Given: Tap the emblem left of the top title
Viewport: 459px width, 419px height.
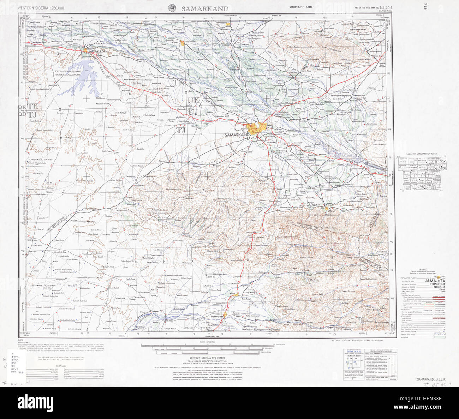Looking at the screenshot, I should [173, 8].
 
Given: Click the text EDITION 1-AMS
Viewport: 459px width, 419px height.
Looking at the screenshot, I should [300, 7].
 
